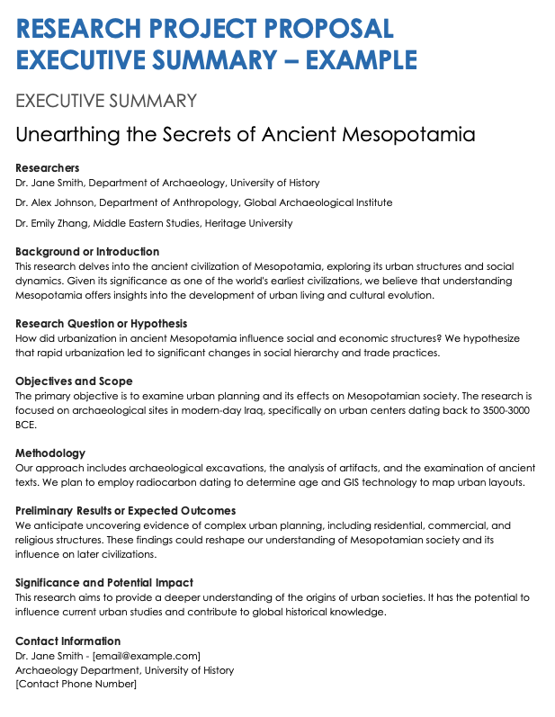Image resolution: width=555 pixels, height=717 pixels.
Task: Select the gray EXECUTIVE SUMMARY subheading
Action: click(x=106, y=100)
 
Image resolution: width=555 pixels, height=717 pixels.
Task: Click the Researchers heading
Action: click(x=48, y=167)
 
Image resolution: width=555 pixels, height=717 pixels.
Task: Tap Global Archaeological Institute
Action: click(x=318, y=202)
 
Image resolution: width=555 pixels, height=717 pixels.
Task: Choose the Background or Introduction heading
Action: click(x=87, y=252)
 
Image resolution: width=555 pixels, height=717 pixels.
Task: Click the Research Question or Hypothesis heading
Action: click(x=101, y=323)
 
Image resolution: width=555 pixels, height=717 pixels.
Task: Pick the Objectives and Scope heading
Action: click(x=74, y=381)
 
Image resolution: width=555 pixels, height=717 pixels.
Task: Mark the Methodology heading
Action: click(x=50, y=453)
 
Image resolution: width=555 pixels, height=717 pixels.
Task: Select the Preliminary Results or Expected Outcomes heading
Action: click(x=125, y=511)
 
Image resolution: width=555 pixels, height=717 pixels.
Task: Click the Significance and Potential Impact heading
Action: click(x=104, y=582)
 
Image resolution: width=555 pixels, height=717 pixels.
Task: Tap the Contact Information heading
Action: click(x=67, y=641)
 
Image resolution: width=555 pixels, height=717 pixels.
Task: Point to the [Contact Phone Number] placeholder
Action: click(x=76, y=685)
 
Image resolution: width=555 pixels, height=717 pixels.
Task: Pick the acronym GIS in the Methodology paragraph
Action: click(x=358, y=481)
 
